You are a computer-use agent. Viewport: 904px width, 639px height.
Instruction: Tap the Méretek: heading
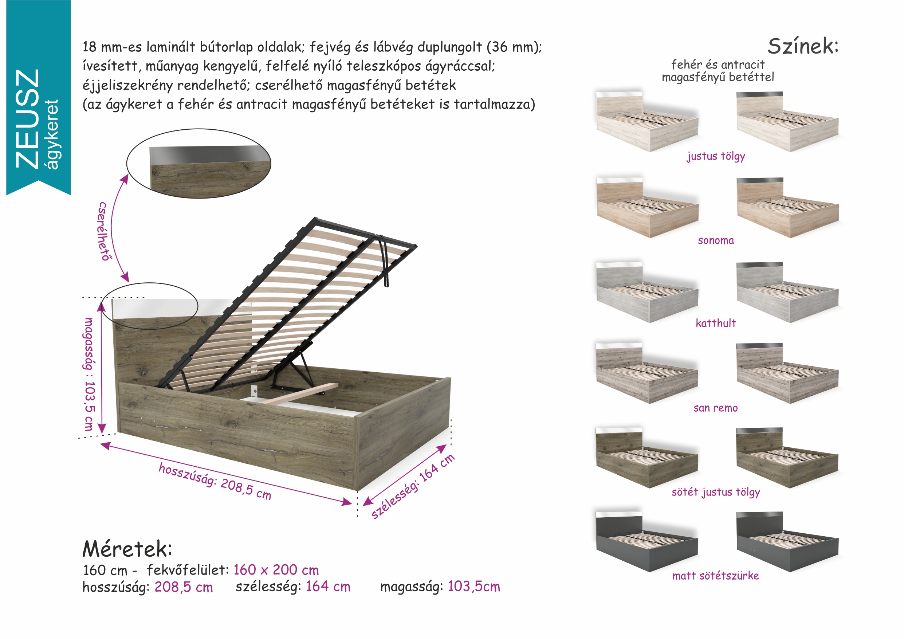click(x=127, y=549)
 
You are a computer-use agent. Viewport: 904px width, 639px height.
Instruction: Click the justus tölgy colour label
click(x=716, y=156)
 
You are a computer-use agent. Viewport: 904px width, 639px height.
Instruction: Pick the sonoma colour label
click(x=716, y=240)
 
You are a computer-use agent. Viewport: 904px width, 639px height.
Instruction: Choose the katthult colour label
click(x=716, y=323)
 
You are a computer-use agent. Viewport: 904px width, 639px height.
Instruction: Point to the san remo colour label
click(x=716, y=408)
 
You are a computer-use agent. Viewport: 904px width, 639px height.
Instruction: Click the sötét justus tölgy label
click(x=716, y=492)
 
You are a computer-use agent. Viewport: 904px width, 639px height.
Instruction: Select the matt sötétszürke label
click(x=716, y=576)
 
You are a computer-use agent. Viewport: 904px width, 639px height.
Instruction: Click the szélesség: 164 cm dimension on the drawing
click(x=413, y=486)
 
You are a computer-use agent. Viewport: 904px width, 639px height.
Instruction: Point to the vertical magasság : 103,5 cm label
click(x=90, y=375)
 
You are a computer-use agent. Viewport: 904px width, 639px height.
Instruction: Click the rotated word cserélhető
click(x=103, y=231)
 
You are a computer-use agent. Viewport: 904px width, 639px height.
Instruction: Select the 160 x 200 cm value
click(x=276, y=570)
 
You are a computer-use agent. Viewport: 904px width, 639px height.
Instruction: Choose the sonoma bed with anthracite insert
click(x=787, y=208)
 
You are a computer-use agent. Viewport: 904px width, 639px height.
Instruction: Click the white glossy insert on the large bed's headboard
click(x=181, y=308)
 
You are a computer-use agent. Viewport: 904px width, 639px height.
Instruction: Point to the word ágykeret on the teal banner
click(x=53, y=134)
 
